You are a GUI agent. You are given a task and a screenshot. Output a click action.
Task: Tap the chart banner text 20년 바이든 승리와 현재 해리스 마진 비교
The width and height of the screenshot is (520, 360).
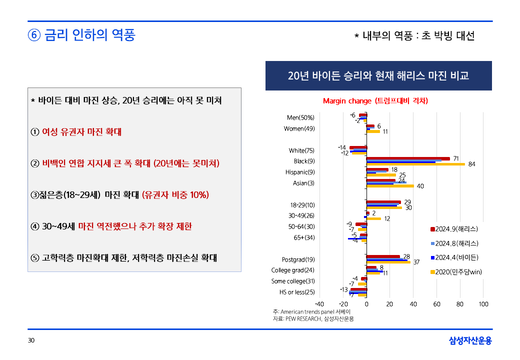378,76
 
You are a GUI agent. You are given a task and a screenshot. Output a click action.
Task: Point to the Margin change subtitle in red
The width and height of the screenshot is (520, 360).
375,100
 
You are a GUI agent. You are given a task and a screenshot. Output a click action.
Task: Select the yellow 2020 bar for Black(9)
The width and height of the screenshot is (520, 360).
415,164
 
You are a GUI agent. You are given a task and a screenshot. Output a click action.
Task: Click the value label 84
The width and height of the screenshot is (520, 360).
471,164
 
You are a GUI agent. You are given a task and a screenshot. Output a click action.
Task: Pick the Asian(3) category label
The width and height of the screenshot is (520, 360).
303,183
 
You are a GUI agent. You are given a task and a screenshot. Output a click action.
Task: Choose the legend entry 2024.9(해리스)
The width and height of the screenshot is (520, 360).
454,229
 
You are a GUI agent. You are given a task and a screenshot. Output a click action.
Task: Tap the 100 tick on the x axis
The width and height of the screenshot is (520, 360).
483,304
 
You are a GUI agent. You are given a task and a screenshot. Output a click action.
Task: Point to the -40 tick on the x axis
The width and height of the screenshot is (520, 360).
319,304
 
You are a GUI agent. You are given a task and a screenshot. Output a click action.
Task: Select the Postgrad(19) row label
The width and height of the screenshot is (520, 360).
298,259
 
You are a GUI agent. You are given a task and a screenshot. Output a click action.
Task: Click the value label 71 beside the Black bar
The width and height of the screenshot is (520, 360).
456,158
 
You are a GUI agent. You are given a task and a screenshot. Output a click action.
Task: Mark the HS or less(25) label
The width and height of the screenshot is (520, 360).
297,292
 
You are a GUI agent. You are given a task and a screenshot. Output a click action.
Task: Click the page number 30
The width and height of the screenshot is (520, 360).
31,341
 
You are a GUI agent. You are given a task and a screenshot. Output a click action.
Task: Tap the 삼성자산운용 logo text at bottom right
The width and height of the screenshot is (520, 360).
470,341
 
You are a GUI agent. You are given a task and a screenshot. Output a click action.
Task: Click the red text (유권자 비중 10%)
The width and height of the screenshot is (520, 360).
175,194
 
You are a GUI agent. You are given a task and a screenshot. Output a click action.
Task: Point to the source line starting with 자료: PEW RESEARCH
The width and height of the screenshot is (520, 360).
313,318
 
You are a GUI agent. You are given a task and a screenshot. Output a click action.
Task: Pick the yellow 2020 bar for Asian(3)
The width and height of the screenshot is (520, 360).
390,186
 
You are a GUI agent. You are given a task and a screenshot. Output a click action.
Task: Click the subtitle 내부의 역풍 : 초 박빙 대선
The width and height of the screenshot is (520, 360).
414,36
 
